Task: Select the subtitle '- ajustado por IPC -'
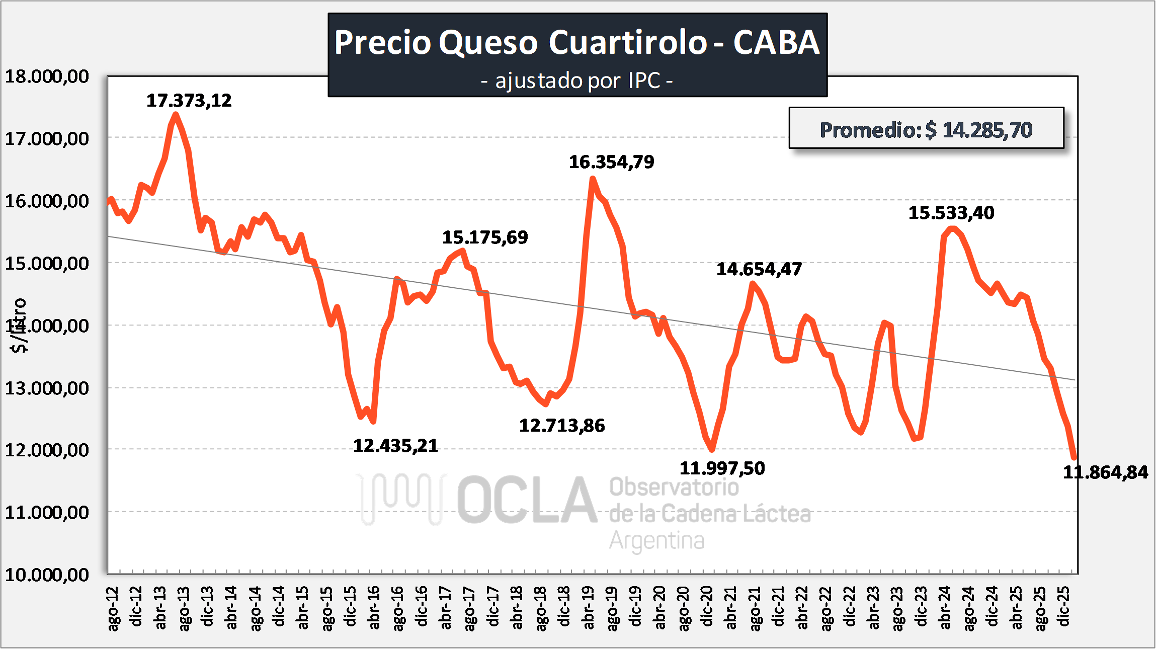[x=577, y=80]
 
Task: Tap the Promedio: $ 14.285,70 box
[x=926, y=129]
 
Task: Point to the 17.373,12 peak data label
[x=189, y=101]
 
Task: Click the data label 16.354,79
[x=611, y=162]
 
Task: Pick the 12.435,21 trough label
[x=395, y=446]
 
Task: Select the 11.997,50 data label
[x=722, y=468]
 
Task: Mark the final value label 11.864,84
[x=1105, y=472]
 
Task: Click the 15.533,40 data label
[x=951, y=213]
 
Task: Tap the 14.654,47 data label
[x=759, y=269]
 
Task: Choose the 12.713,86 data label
[x=561, y=426]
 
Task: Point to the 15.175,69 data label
[x=485, y=237]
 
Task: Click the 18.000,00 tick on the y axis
[x=47, y=76]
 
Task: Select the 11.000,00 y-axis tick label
[x=47, y=512]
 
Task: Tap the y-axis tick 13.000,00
[x=47, y=388]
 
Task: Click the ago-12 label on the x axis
[x=113, y=608]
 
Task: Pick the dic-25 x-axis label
[x=1063, y=606]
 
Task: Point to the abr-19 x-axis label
[x=588, y=607]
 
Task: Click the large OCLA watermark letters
[x=527, y=501]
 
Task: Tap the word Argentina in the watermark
[x=656, y=541]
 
